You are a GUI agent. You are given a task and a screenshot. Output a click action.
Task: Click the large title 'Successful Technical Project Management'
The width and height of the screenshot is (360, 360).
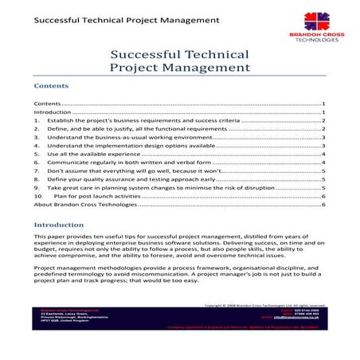(179, 61)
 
